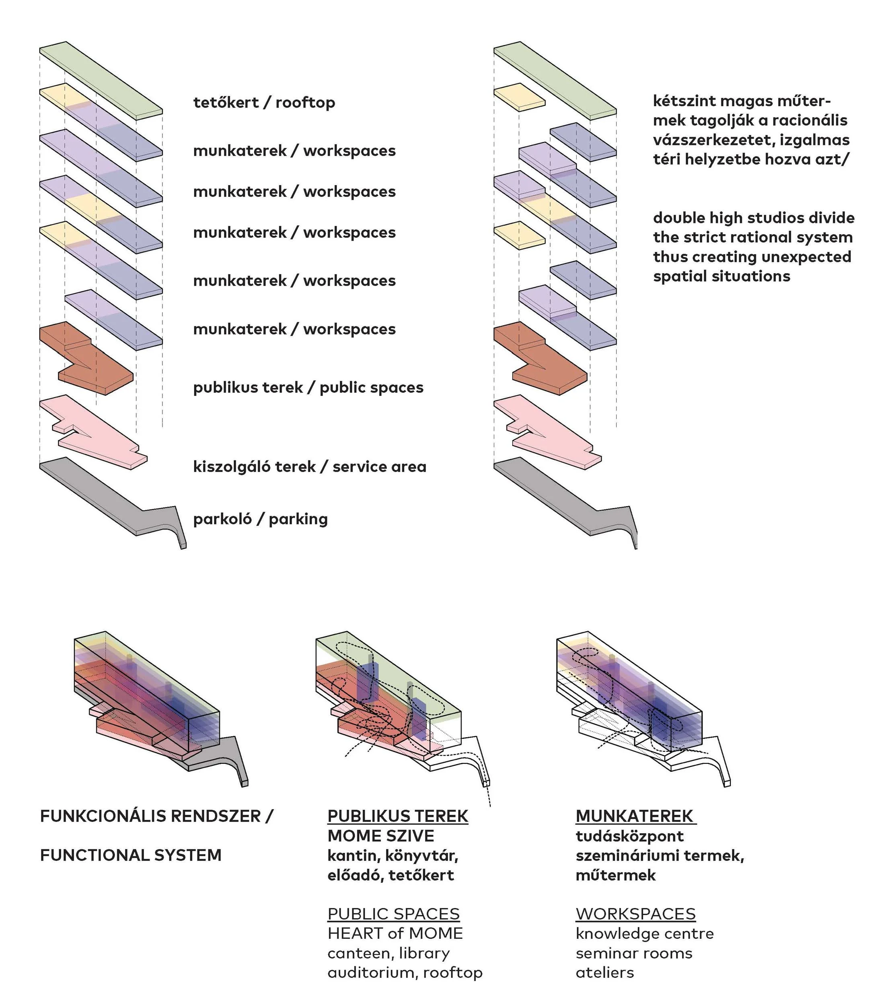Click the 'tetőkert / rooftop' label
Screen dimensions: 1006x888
tap(264, 102)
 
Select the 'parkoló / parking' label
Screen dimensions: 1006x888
tap(260, 519)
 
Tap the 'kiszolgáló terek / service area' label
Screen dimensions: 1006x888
tap(309, 466)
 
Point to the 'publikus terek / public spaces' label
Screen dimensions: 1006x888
tap(308, 388)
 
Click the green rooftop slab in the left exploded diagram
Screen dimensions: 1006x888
tap(101, 79)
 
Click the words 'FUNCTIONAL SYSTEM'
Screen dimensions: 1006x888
tap(130, 856)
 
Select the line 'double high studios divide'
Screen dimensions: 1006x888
tap(753, 218)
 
